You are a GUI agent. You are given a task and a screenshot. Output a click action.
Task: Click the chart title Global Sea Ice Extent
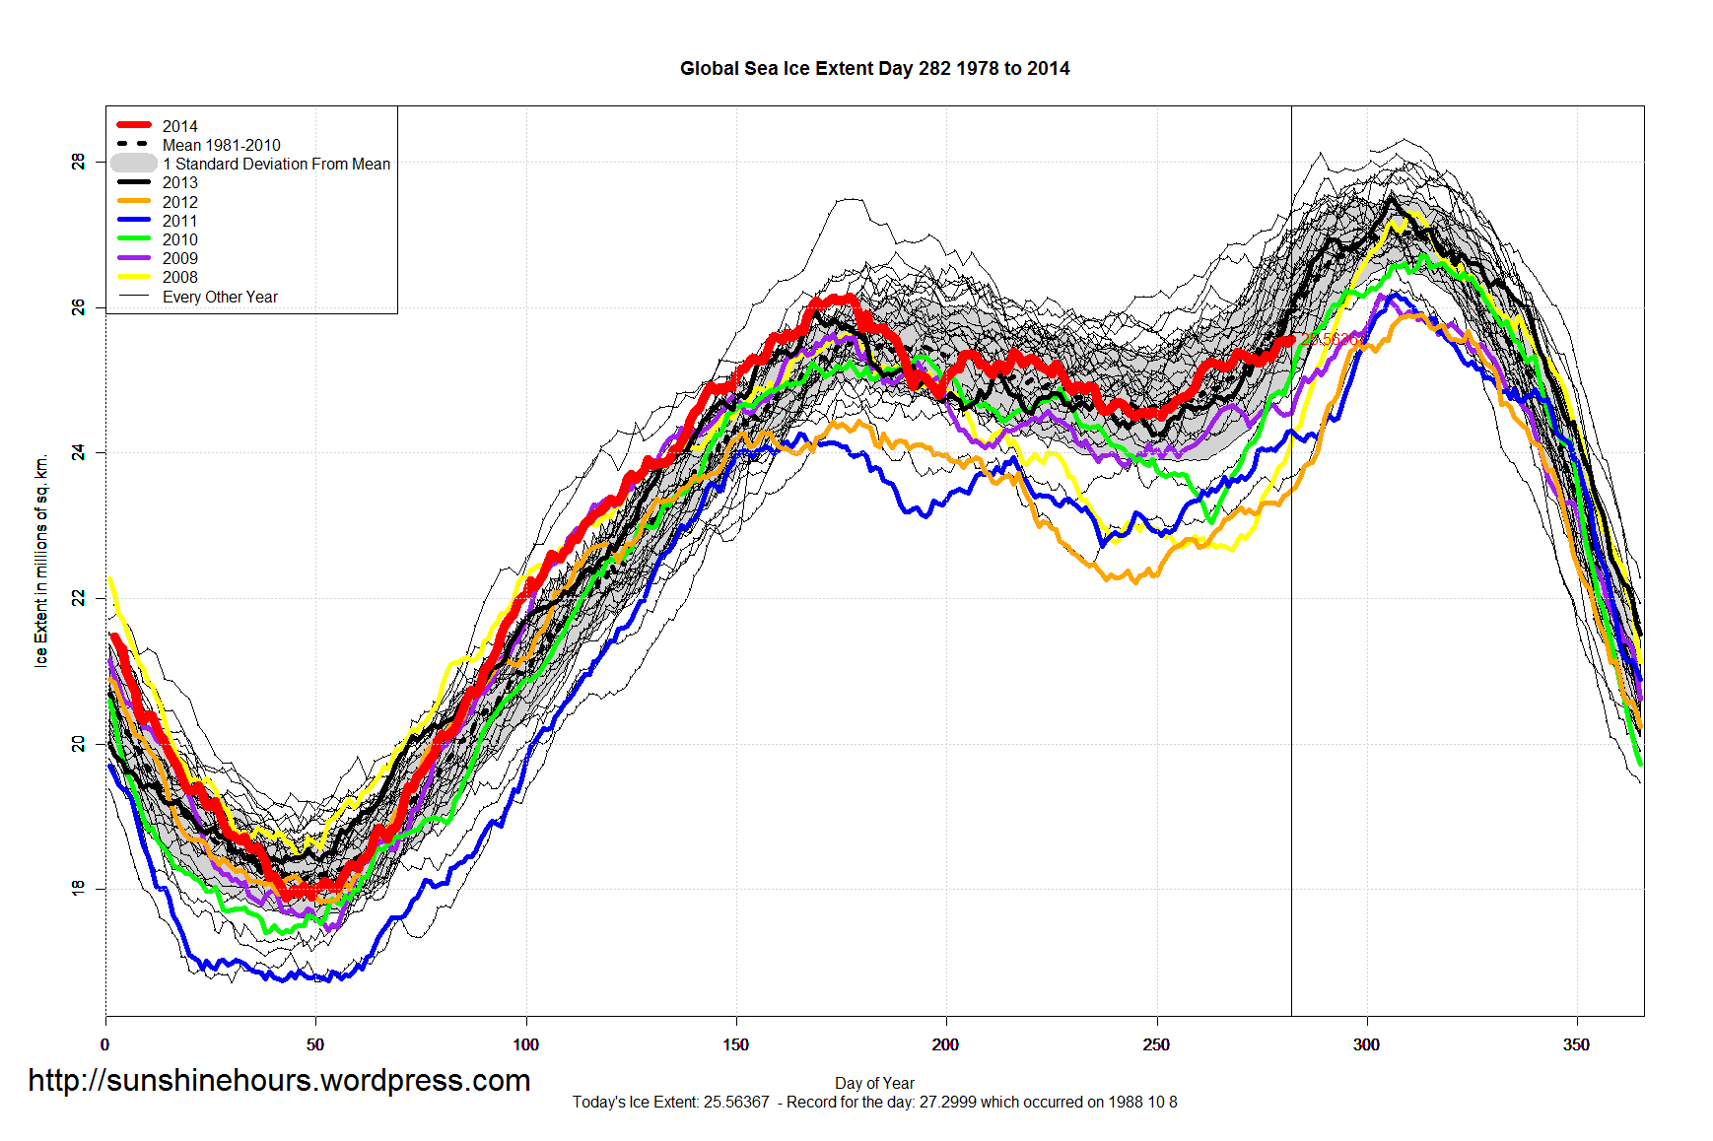(874, 68)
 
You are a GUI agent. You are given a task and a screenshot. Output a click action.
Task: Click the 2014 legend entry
(179, 126)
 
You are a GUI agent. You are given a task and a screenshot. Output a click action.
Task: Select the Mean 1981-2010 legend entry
(221, 145)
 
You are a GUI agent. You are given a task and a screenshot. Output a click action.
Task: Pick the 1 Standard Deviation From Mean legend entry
(276, 164)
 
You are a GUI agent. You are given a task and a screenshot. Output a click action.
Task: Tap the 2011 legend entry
(179, 221)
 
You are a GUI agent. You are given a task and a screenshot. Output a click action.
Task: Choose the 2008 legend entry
(179, 277)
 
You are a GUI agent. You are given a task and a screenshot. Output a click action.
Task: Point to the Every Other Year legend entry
(220, 297)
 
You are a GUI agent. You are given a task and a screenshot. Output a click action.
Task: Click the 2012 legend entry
(179, 202)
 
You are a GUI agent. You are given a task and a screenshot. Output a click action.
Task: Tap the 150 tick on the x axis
(735, 1044)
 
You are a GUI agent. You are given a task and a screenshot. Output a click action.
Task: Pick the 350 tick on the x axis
(1576, 1044)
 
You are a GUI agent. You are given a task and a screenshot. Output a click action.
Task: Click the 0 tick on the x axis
(105, 1044)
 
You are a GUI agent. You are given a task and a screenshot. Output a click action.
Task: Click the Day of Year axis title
(874, 1083)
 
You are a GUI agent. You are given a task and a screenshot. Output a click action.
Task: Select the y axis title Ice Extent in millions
(41, 561)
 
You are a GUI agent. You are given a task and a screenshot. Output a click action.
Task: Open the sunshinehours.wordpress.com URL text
(279, 1080)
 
